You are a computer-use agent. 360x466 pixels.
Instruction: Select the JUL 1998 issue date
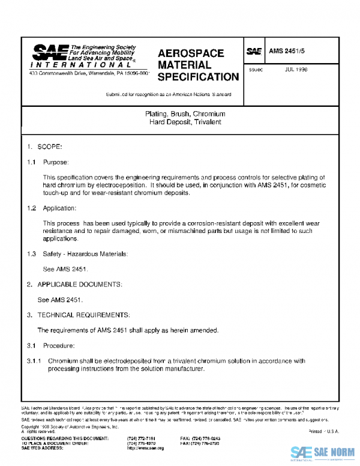(x=296, y=69)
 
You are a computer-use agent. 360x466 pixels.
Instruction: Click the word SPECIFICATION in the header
(x=198, y=77)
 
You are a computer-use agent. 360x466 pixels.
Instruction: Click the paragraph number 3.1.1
(x=34, y=361)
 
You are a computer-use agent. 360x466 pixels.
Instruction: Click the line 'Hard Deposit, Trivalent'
(x=185, y=122)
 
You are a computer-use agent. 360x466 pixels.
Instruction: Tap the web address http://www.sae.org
(x=145, y=448)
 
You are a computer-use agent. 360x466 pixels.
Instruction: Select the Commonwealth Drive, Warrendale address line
(x=89, y=73)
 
